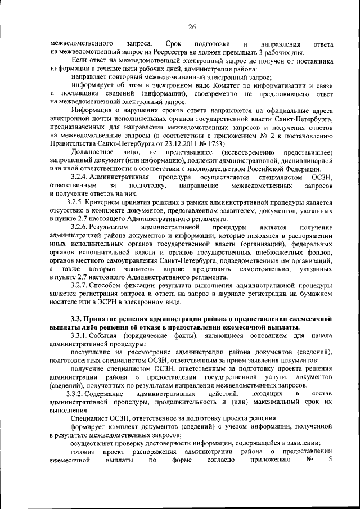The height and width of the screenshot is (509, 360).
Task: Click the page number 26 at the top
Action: pyautogui.click(x=191, y=26)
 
